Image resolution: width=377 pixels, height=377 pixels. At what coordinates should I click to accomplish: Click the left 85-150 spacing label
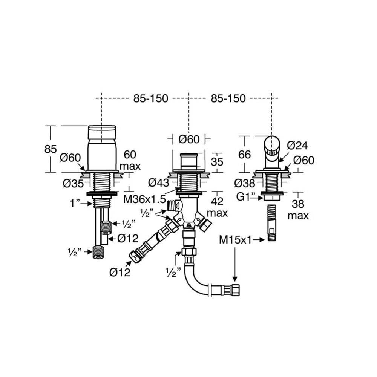click(x=150, y=98)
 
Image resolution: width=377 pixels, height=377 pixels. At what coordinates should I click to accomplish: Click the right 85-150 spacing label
click(x=228, y=98)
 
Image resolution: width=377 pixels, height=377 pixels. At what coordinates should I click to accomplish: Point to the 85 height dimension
click(x=51, y=149)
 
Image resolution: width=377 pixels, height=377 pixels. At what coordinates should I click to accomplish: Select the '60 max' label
click(x=130, y=160)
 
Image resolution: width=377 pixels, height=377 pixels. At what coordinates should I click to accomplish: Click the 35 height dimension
click(x=217, y=161)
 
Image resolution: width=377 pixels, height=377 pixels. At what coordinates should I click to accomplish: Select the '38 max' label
click(x=298, y=210)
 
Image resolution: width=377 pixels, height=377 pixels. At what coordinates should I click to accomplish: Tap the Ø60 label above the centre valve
click(x=188, y=139)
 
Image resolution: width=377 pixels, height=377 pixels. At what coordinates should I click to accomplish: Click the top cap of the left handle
click(x=102, y=132)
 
